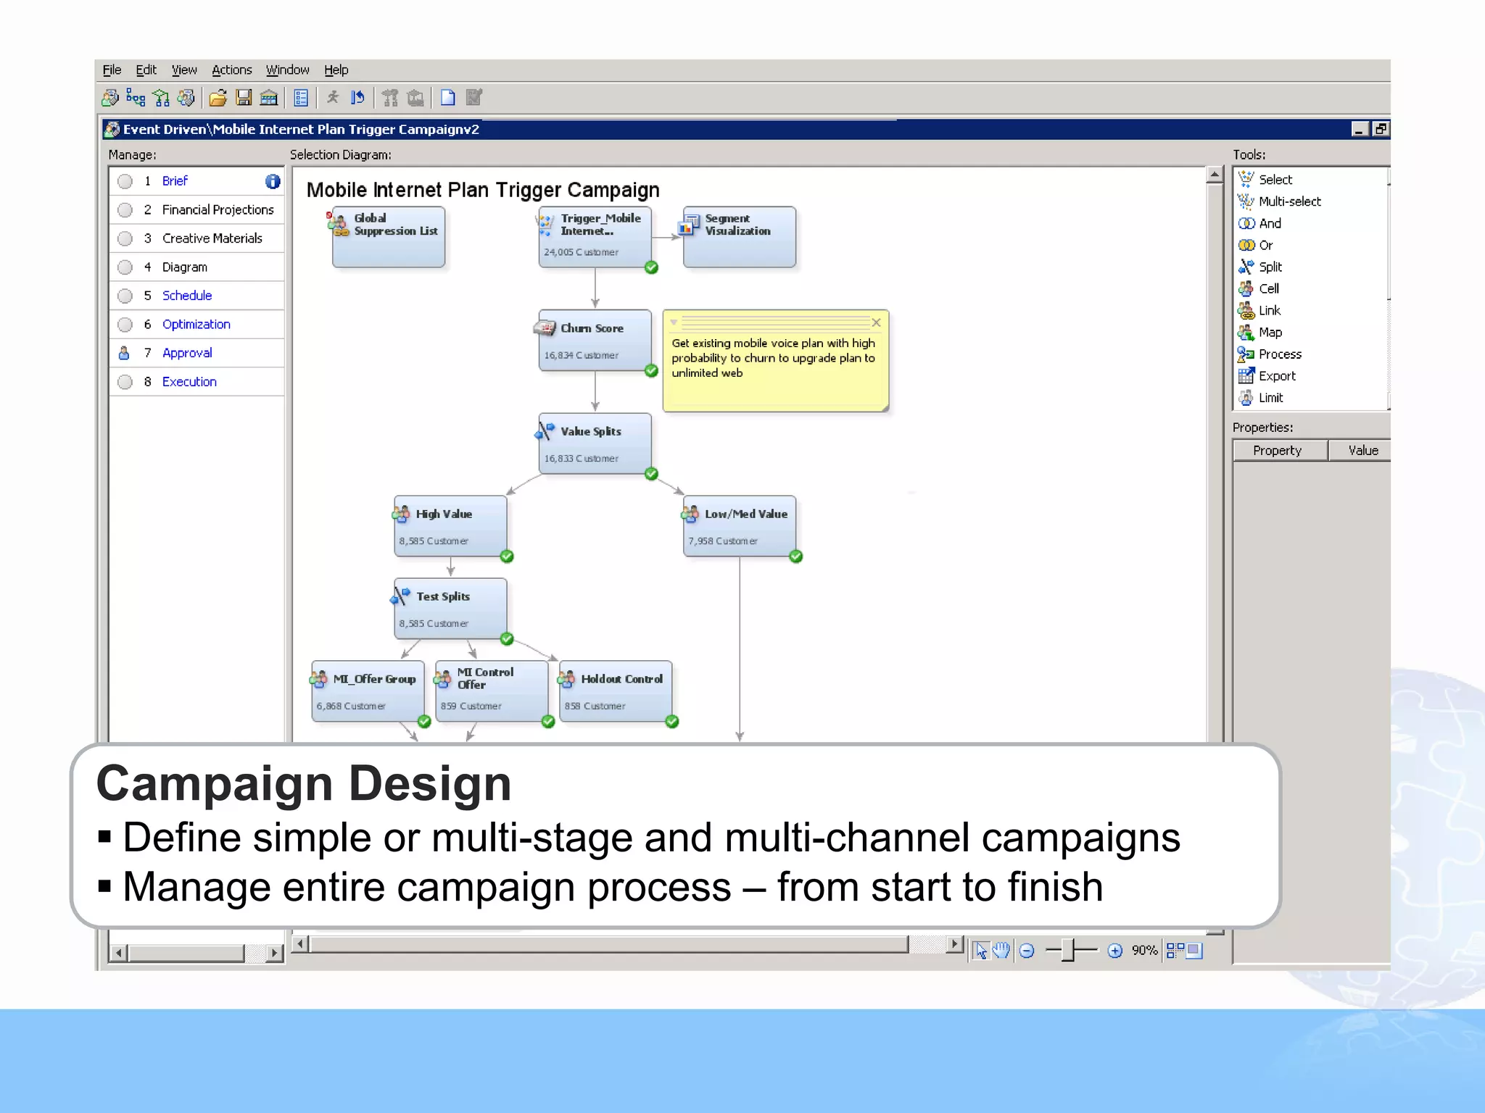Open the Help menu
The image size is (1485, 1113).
[x=336, y=70]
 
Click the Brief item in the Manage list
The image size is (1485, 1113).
[x=175, y=181]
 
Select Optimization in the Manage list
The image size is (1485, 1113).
[x=196, y=324]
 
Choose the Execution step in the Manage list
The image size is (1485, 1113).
[x=189, y=382]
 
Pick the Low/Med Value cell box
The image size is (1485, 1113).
[x=739, y=526]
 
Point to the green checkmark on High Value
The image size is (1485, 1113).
[x=507, y=556]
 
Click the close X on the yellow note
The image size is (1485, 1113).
[x=876, y=322]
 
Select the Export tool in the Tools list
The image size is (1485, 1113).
[x=1276, y=376]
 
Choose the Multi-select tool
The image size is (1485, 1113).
[x=1289, y=201]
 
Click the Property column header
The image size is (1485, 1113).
[x=1278, y=450]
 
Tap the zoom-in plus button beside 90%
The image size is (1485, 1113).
[x=1115, y=951]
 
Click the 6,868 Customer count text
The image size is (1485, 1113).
[x=351, y=706]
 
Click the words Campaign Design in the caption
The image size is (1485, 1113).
[x=304, y=783]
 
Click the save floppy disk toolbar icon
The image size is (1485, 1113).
[x=244, y=97]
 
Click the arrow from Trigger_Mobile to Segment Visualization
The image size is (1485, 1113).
[x=666, y=237]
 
